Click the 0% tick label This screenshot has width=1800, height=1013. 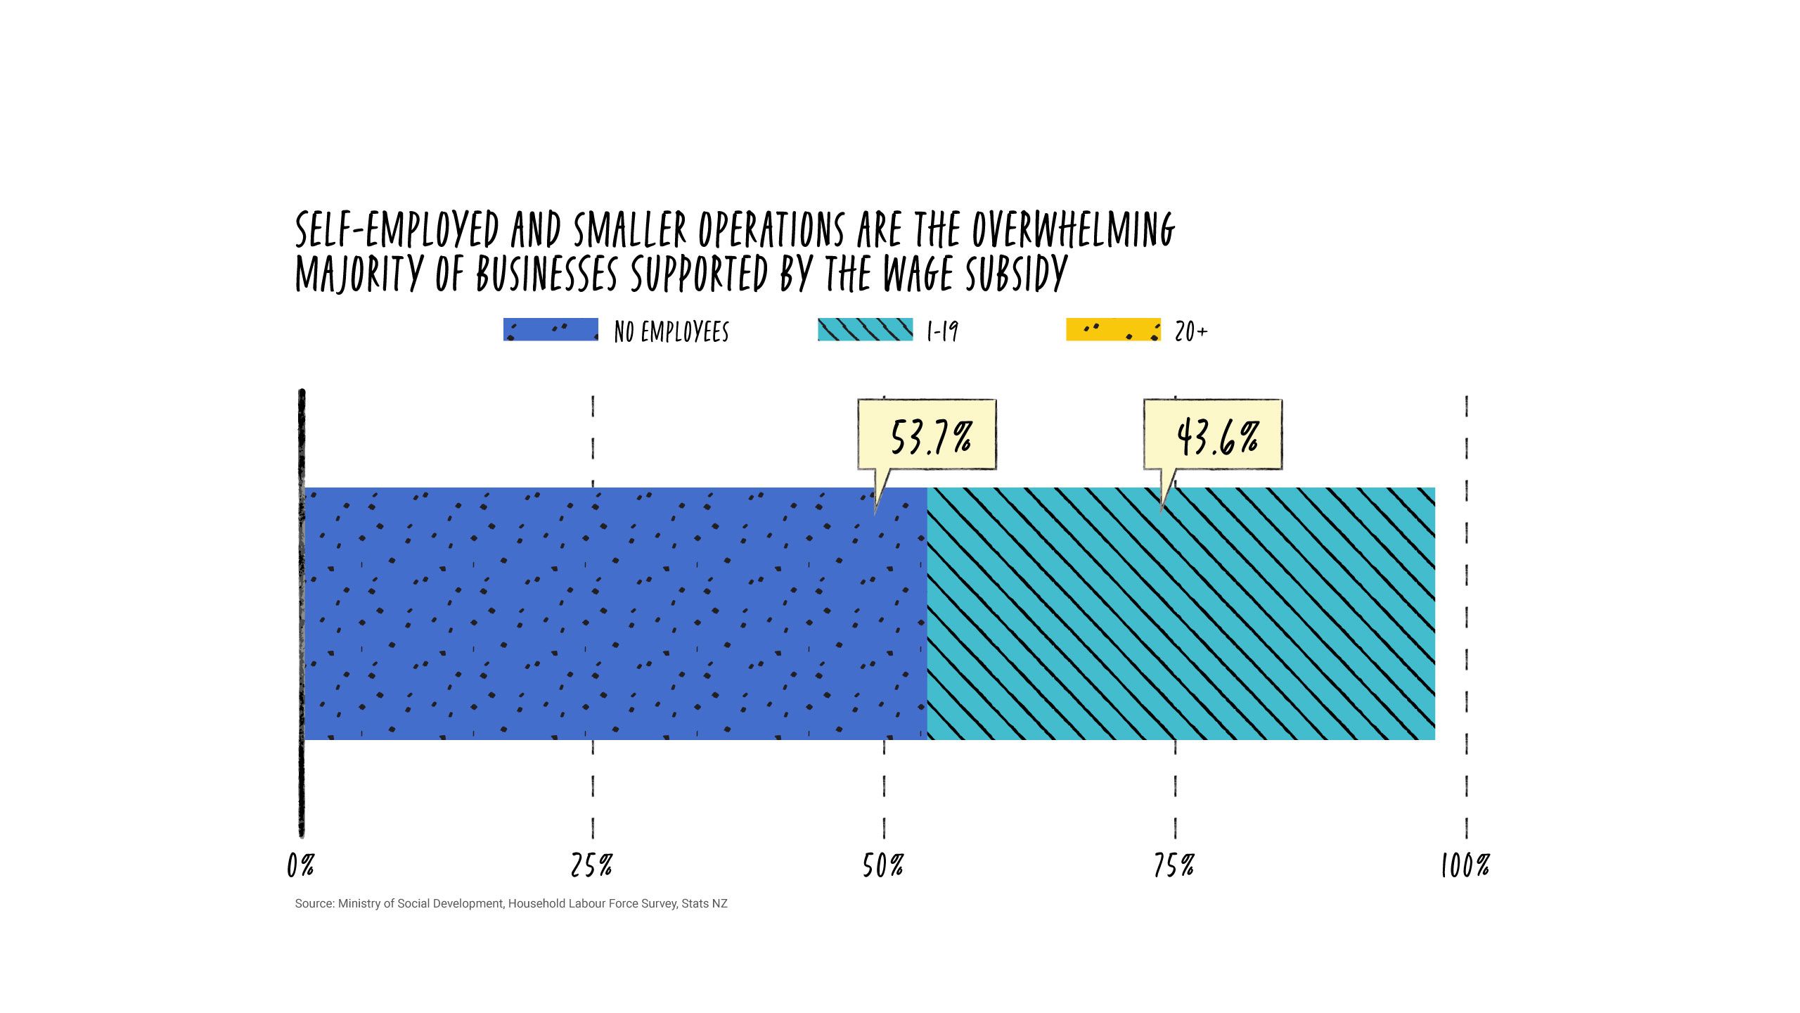[300, 866]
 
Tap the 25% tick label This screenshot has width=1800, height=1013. [591, 866]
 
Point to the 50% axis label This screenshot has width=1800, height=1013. [883, 866]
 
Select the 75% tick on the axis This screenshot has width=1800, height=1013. [1174, 866]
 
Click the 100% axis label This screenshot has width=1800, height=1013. [1465, 866]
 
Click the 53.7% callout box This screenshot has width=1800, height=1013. [927, 435]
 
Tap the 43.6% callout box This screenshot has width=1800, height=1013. [1213, 435]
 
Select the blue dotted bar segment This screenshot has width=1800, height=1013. [615, 613]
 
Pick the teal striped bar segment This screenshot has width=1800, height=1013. [1181, 613]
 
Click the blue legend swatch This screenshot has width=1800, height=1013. [551, 330]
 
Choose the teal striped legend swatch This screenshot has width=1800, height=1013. [865, 330]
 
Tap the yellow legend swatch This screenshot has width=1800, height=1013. [1113, 330]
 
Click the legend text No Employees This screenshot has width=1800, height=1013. [671, 331]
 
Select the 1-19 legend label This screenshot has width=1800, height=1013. [943, 331]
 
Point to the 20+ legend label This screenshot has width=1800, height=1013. [1191, 331]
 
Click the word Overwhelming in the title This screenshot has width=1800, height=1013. [1074, 230]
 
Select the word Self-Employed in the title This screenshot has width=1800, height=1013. [397, 230]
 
